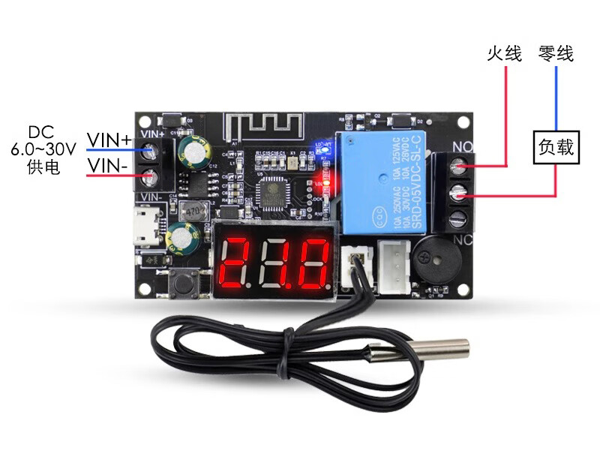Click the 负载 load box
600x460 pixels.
point(556,149)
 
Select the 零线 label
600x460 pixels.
point(556,54)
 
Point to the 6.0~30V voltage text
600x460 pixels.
point(43,149)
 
